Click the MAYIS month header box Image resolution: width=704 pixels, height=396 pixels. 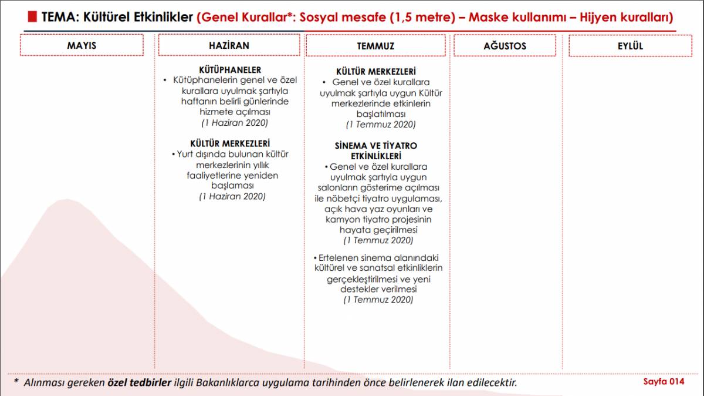pos(82,45)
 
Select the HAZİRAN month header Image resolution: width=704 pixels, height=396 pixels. pos(229,45)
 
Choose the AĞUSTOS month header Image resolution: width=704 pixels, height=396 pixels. pos(505,46)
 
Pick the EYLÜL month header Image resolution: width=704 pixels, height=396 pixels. pos(630,46)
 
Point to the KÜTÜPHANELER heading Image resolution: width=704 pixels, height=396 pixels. pos(230,70)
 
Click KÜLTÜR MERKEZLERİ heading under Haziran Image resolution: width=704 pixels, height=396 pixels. pos(230,143)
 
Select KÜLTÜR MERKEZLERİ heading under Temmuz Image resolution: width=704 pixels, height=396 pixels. pos(376,72)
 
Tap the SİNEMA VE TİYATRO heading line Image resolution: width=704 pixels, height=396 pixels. pos(376,145)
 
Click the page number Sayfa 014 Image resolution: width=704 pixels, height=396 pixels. pos(664,381)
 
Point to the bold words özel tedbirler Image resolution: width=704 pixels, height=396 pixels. pos(140,382)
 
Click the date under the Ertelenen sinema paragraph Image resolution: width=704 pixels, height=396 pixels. pos(378,300)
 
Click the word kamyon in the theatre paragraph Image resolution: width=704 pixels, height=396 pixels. pos(344,219)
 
